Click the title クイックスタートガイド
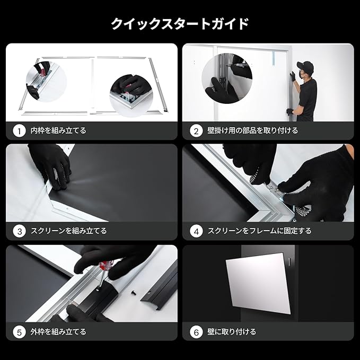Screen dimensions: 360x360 (180, 24)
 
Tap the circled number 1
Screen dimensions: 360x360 (20, 130)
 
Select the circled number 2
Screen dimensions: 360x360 (196, 130)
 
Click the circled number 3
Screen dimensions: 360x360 (20, 231)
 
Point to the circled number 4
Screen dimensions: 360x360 (196, 231)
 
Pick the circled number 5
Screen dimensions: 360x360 (20, 332)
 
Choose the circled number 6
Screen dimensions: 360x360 (196, 332)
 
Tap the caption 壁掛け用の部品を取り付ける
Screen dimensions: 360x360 (252, 130)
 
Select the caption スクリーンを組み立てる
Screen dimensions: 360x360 (68, 231)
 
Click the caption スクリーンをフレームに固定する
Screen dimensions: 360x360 (259, 231)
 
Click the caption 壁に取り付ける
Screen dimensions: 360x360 (232, 332)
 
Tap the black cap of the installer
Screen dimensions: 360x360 (305, 66)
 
